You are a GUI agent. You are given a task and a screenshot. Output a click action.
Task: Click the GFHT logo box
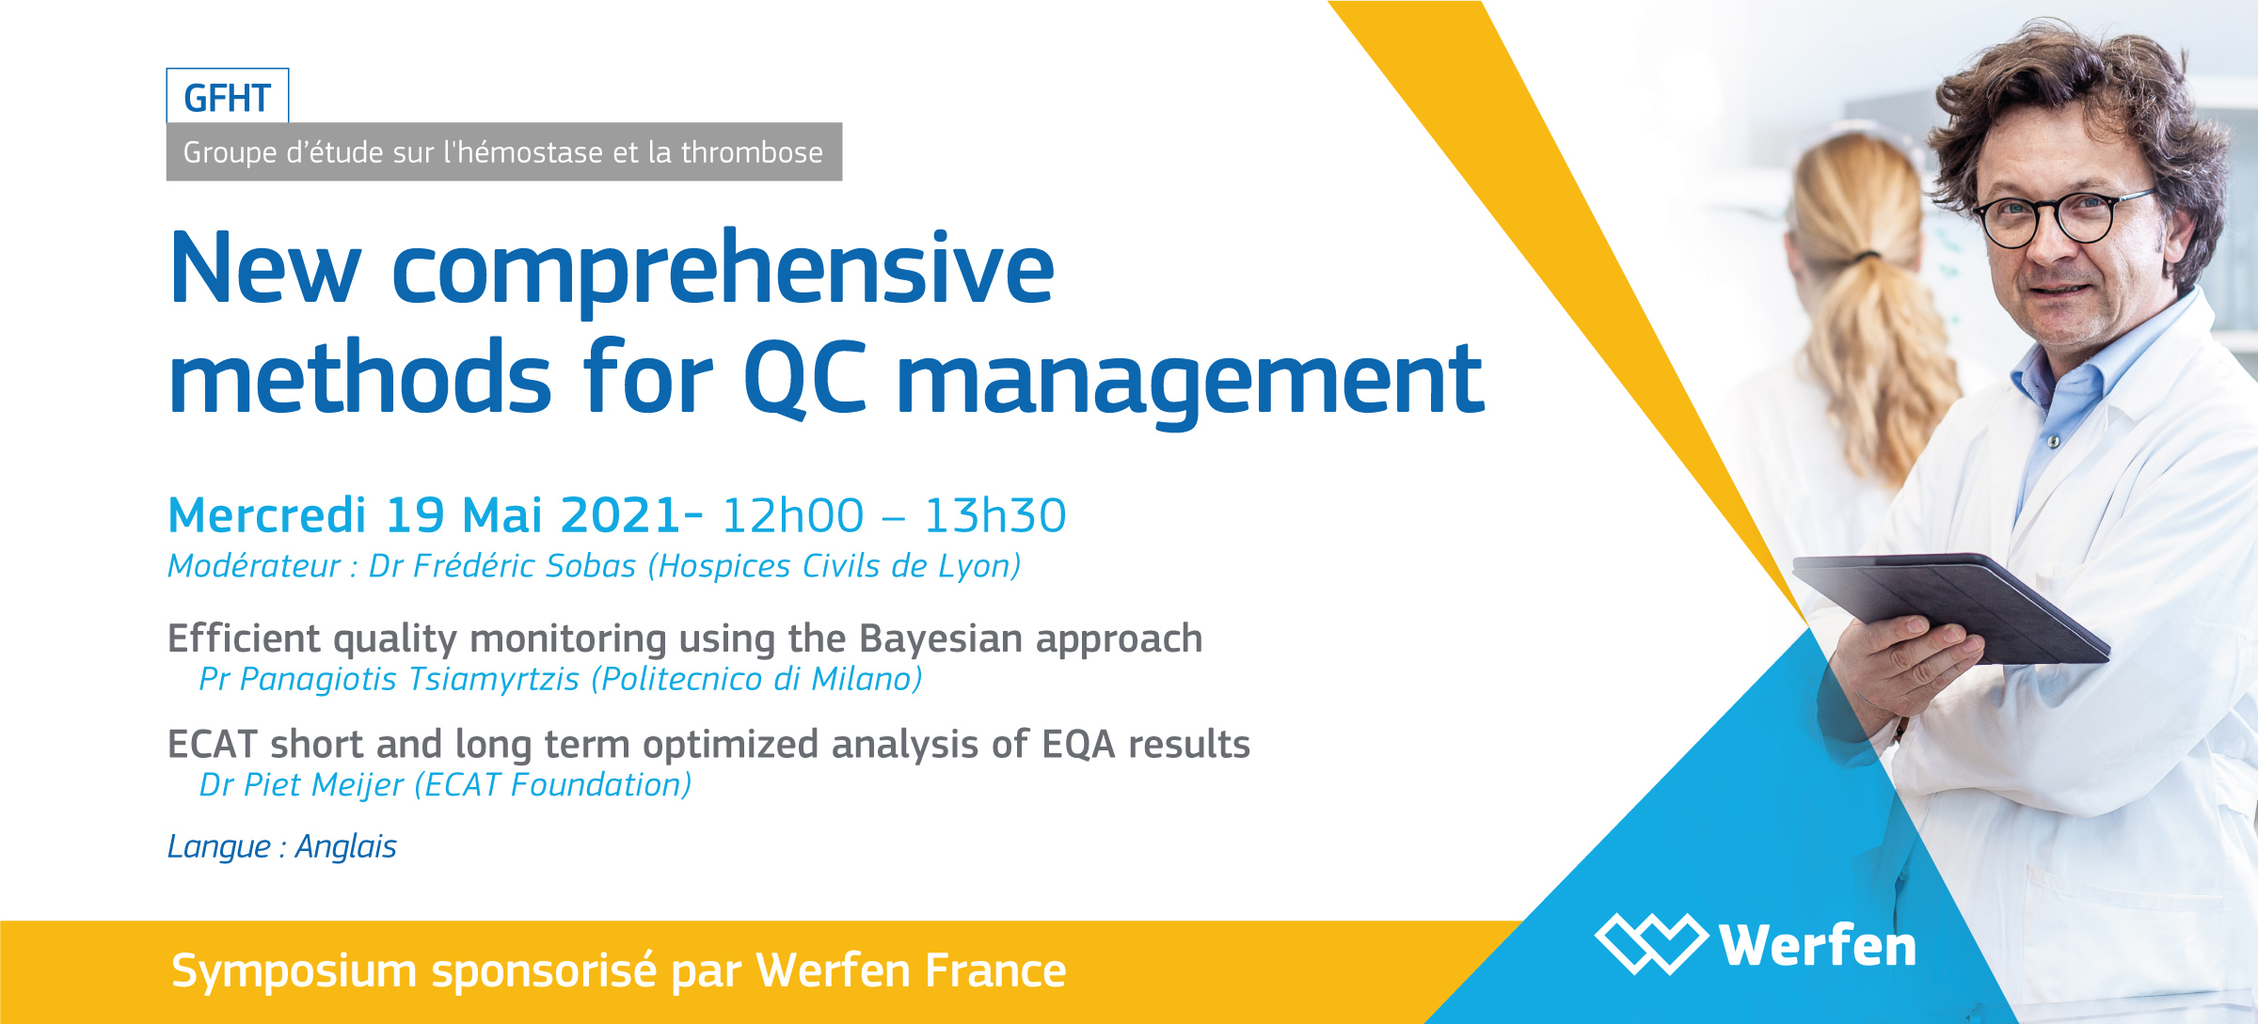tap(228, 96)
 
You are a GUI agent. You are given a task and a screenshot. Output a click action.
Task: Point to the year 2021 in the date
tap(620, 515)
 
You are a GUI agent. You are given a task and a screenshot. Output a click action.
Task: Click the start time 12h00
tap(792, 515)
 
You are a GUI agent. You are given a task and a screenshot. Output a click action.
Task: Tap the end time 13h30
tap(995, 515)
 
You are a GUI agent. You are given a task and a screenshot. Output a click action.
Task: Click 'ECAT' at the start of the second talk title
tap(213, 745)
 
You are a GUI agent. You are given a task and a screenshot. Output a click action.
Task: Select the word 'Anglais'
tap(346, 846)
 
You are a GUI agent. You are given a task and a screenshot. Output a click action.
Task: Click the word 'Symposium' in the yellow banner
tap(294, 971)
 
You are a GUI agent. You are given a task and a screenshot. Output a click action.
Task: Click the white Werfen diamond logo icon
tap(1652, 943)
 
